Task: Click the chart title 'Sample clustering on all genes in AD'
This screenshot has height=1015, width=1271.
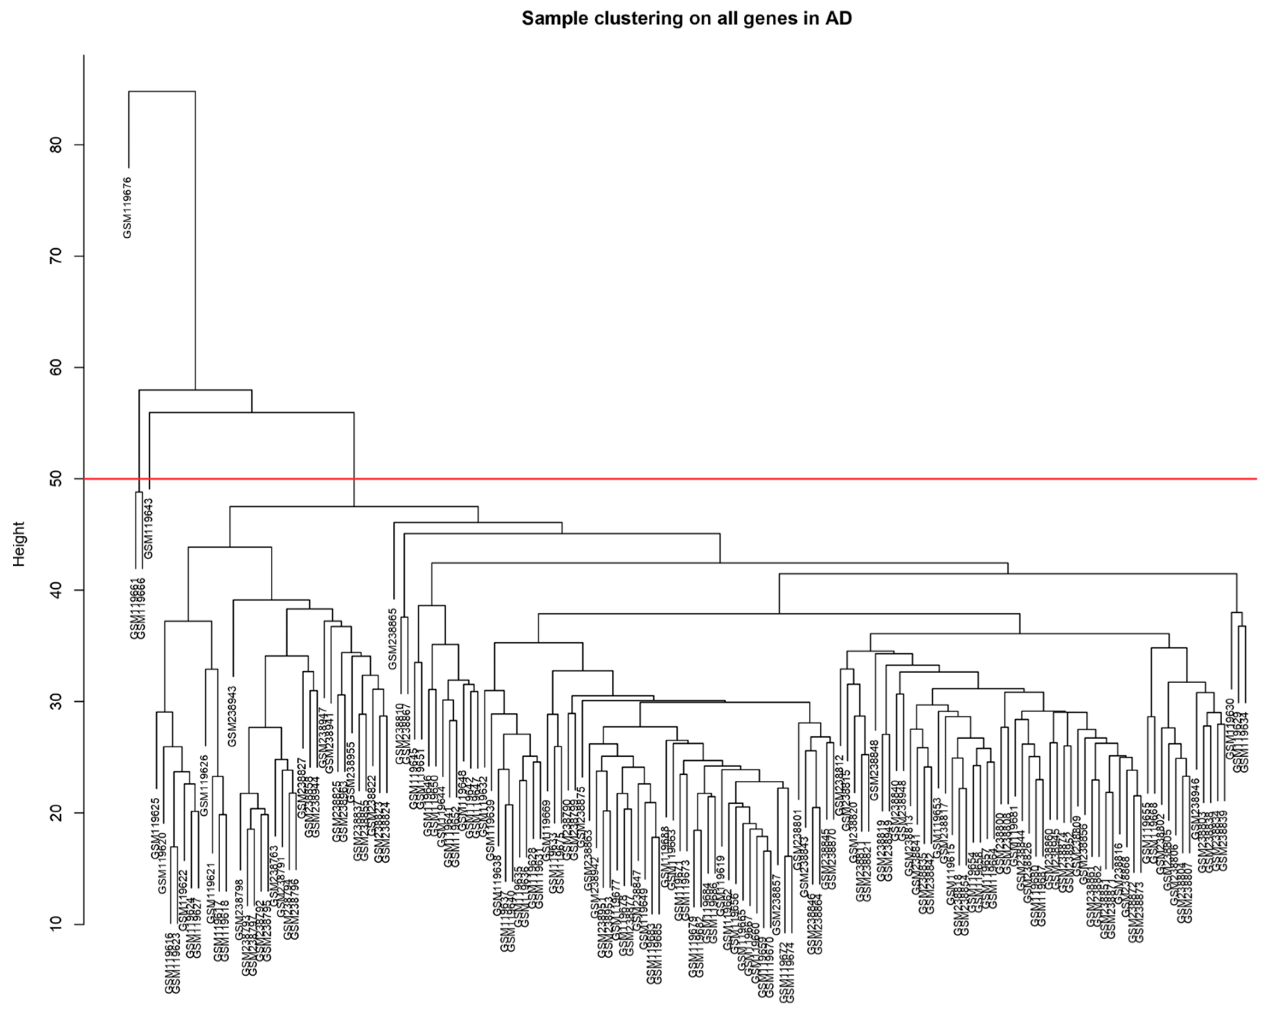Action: (686, 19)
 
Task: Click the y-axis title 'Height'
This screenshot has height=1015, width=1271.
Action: (19, 543)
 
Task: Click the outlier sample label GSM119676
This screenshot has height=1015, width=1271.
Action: (127, 207)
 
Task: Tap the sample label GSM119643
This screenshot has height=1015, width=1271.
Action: (148, 528)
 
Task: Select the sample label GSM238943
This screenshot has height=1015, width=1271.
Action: (232, 716)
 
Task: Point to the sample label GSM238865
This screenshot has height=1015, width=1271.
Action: (393, 638)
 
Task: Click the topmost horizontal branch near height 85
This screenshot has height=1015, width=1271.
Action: (162, 91)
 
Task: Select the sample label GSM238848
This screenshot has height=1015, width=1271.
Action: (874, 770)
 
